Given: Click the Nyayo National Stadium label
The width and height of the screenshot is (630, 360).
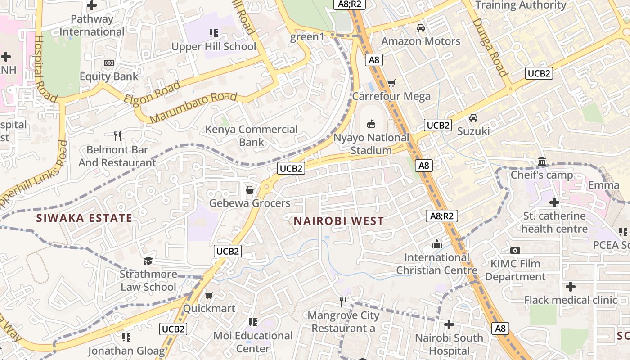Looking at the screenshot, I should (x=371, y=144).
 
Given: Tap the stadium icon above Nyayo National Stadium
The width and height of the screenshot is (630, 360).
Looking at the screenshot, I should (x=372, y=124).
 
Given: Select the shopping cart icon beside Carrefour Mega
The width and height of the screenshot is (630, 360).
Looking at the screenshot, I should (x=391, y=83).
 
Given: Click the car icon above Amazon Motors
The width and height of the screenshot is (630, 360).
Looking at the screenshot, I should (x=421, y=28).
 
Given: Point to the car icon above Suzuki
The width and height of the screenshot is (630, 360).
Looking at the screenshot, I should (x=473, y=118).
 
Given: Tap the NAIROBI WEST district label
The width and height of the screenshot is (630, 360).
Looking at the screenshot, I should (x=339, y=221).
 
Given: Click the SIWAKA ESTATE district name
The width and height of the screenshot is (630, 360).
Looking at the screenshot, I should (x=84, y=218).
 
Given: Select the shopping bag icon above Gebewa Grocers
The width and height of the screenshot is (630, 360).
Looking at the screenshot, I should (x=250, y=190).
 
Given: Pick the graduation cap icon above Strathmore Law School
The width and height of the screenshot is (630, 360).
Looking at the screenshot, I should (x=148, y=261).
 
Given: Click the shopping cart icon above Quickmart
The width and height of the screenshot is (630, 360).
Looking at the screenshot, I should (x=209, y=295).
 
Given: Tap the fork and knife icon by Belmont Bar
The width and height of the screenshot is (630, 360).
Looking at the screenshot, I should (x=117, y=136).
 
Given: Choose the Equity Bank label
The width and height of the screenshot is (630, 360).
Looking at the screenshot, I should (x=109, y=76).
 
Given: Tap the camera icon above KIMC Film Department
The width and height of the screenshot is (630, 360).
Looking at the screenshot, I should (x=515, y=250).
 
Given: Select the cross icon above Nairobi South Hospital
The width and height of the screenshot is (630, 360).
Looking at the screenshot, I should (x=449, y=324).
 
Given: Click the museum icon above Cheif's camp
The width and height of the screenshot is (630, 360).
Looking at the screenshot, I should (x=542, y=162).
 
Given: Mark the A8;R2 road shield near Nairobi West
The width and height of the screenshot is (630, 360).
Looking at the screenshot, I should (x=442, y=216).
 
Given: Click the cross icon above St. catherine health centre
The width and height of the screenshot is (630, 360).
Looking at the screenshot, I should (x=554, y=202).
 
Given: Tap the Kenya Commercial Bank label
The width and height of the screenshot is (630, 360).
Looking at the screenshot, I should (x=252, y=135).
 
